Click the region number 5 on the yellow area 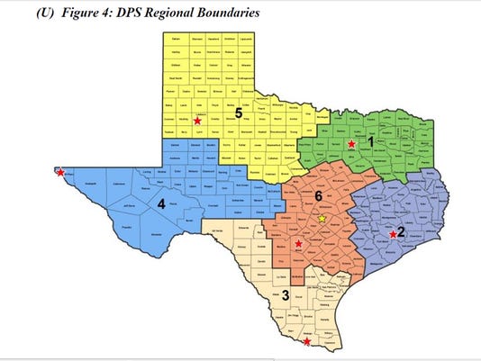click(x=239, y=113)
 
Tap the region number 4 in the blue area click(x=160, y=204)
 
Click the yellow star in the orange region click(x=322, y=218)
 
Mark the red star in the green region click(x=351, y=142)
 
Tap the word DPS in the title click(x=119, y=14)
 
